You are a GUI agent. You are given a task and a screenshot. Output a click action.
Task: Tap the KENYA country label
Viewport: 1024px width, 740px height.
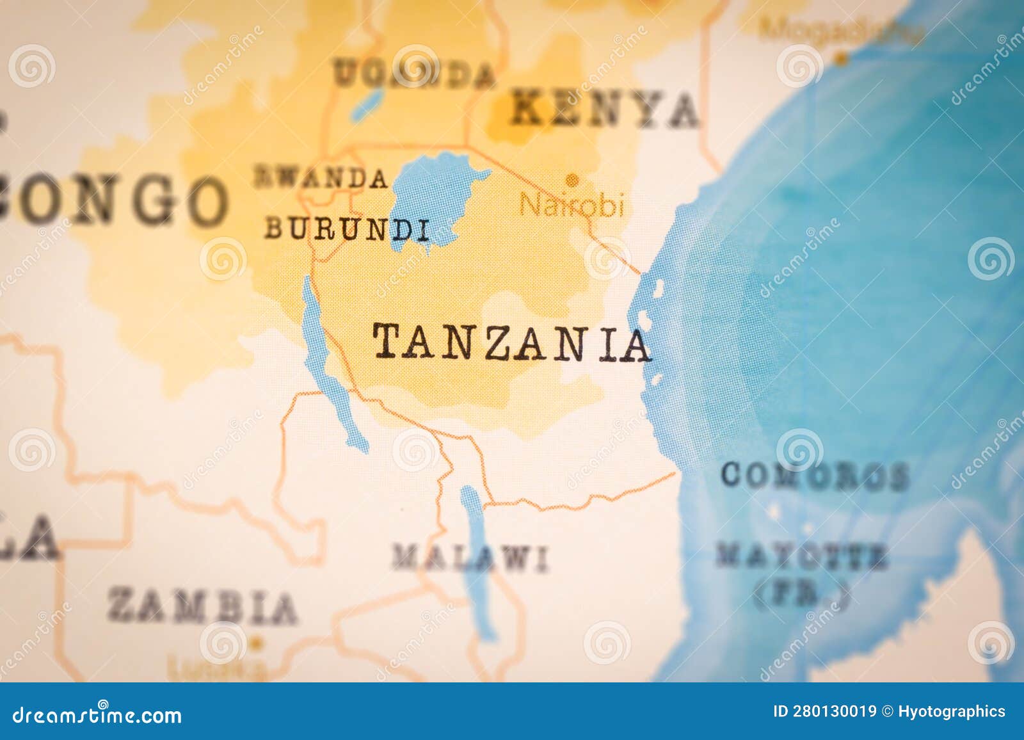click(x=604, y=110)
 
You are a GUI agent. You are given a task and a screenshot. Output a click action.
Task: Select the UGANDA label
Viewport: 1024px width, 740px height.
click(x=415, y=75)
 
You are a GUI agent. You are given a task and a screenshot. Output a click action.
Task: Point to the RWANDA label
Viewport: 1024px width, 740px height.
click(x=321, y=178)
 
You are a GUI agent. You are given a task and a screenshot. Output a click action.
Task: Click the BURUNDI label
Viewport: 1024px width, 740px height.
click(x=346, y=229)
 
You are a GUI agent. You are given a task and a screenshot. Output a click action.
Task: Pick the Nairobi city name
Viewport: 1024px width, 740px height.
click(x=571, y=205)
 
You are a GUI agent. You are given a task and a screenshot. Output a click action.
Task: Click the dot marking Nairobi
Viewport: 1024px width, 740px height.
click(x=572, y=179)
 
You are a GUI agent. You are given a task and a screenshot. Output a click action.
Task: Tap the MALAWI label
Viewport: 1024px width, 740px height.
click(x=470, y=558)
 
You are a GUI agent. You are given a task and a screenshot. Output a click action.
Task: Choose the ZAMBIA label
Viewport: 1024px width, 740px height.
click(x=202, y=606)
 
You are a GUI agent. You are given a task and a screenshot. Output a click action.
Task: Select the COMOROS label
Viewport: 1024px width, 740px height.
click(x=814, y=476)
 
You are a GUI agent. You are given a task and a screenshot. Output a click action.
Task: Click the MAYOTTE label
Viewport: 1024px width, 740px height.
click(x=801, y=556)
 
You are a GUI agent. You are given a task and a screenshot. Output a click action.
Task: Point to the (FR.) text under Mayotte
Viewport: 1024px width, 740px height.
click(x=801, y=595)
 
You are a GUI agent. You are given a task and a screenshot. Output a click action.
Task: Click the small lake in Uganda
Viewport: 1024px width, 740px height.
click(x=367, y=102)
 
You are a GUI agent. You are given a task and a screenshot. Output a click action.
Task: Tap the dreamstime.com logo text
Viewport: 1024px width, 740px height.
click(x=97, y=714)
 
